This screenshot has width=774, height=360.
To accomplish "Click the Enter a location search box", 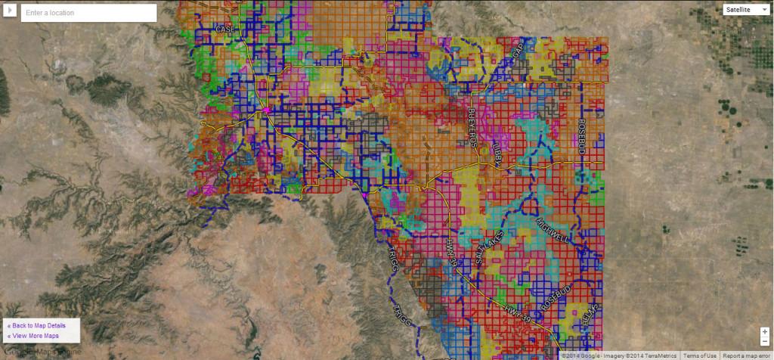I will [x=88, y=13].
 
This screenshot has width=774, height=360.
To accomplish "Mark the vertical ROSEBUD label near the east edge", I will [x=582, y=136].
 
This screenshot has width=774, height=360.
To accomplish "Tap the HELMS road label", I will [x=590, y=313].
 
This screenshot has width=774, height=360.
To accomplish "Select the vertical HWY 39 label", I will [x=451, y=251].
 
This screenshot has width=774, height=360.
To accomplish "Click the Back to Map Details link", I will [x=36, y=325].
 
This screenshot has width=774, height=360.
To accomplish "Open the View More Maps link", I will [x=33, y=336].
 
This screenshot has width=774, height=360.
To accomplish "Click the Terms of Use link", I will [x=700, y=355].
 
